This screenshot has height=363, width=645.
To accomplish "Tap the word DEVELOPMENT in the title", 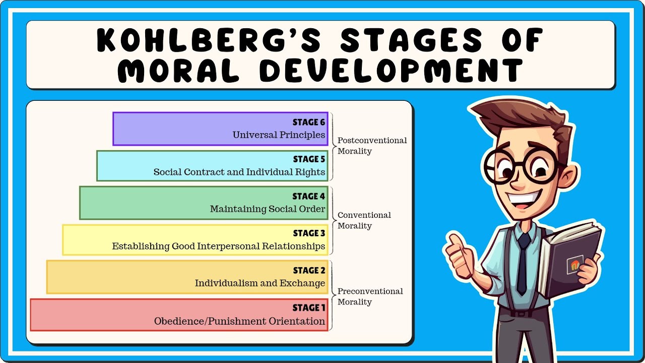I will pyautogui.click(x=391, y=71).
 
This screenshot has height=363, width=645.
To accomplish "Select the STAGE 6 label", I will pyautogui.click(x=309, y=123).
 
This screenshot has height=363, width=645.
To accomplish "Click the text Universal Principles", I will pyautogui.click(x=279, y=135).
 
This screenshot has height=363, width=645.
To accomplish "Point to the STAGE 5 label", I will pyautogui.click(x=309, y=159).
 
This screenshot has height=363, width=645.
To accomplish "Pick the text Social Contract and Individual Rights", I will pyautogui.click(x=239, y=172).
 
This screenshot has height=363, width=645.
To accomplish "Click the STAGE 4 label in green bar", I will pyautogui.click(x=309, y=196).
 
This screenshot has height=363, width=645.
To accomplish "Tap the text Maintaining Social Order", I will pyautogui.click(x=268, y=209).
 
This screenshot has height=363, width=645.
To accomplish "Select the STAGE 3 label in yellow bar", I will pyautogui.click(x=309, y=233).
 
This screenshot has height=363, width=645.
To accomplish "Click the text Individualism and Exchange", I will pyautogui.click(x=260, y=283).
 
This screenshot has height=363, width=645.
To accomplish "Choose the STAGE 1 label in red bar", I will pyautogui.click(x=309, y=308).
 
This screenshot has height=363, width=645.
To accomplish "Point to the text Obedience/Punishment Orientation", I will pyautogui.click(x=239, y=321).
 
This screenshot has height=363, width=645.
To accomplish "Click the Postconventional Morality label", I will pyautogui.click(x=372, y=146).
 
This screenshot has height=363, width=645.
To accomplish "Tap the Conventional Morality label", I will pyautogui.click(x=364, y=220).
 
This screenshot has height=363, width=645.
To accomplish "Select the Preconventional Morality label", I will pyautogui.click(x=370, y=296).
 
